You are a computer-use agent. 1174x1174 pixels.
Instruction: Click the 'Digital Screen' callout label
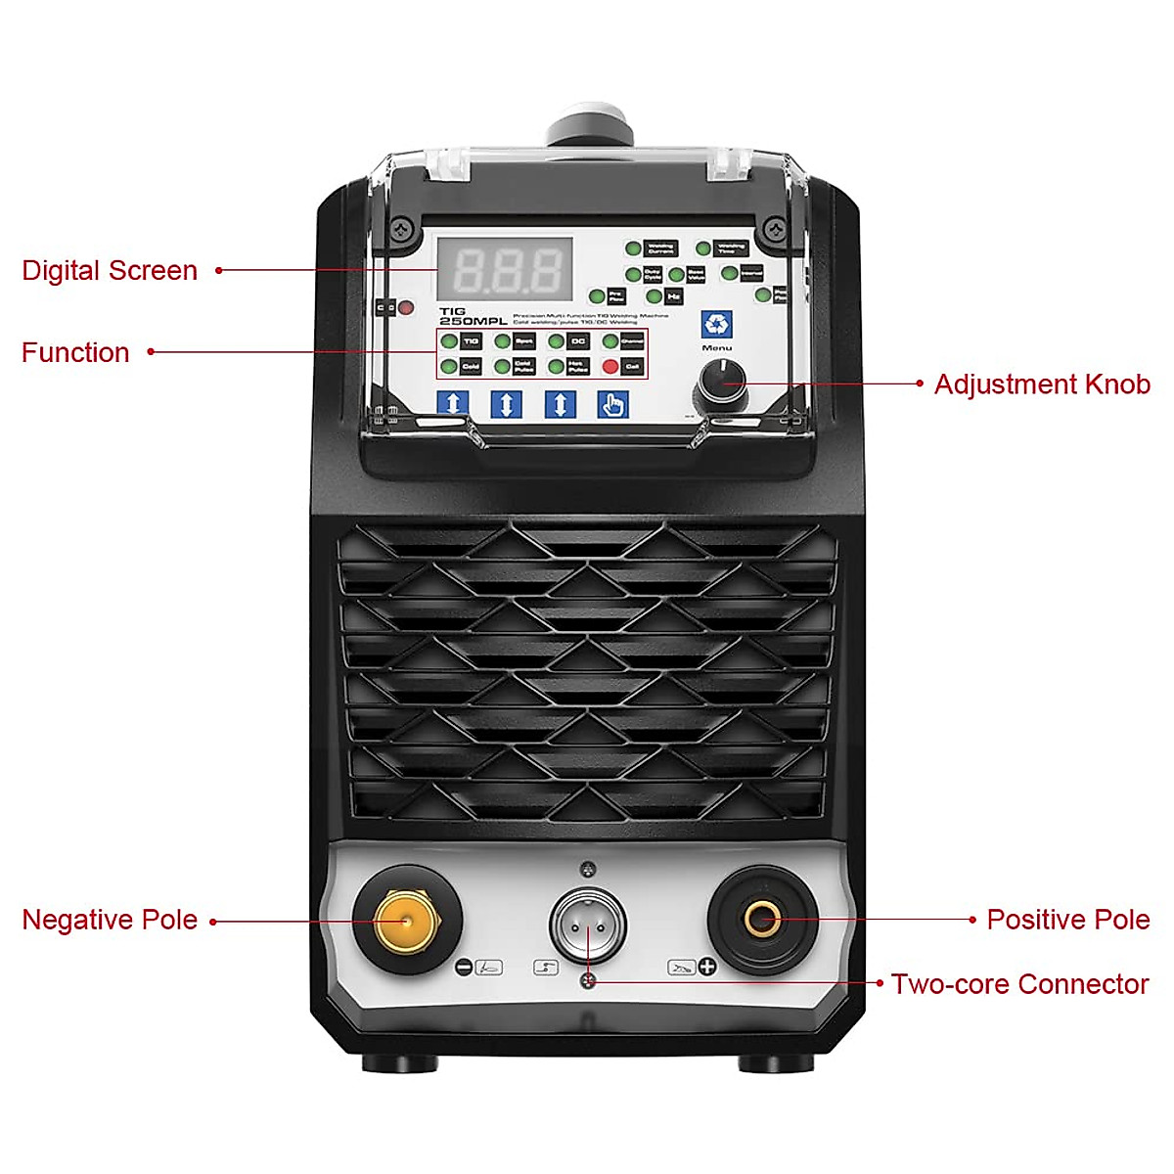click(x=110, y=271)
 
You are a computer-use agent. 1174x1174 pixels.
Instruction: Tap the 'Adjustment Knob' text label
click(x=1041, y=384)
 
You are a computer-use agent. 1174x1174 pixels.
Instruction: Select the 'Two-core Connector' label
click(x=1018, y=984)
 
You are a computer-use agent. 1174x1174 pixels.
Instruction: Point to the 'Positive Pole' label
click(x=1067, y=920)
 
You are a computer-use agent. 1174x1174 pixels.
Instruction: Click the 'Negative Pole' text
click(x=110, y=921)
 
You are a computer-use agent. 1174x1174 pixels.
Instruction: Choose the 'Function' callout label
click(x=75, y=353)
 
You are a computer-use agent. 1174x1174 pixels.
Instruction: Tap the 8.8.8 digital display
click(x=505, y=268)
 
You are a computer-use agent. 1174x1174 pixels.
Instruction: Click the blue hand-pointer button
click(x=613, y=403)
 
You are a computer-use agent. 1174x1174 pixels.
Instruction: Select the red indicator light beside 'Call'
click(x=610, y=367)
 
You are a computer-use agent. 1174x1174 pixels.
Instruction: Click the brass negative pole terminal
click(x=406, y=921)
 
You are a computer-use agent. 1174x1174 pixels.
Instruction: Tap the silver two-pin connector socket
click(x=587, y=925)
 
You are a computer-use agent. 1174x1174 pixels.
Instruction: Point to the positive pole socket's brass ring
click(x=762, y=919)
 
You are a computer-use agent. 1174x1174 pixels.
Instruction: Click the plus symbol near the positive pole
click(x=706, y=968)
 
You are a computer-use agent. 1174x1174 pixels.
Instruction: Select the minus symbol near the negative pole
click(x=465, y=968)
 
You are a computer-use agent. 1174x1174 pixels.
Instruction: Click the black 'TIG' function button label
click(x=471, y=341)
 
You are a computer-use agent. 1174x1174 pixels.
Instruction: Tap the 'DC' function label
click(x=577, y=341)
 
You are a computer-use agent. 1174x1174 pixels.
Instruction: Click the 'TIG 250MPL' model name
click(x=472, y=316)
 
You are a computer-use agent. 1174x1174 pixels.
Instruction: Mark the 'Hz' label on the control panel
click(x=673, y=295)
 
